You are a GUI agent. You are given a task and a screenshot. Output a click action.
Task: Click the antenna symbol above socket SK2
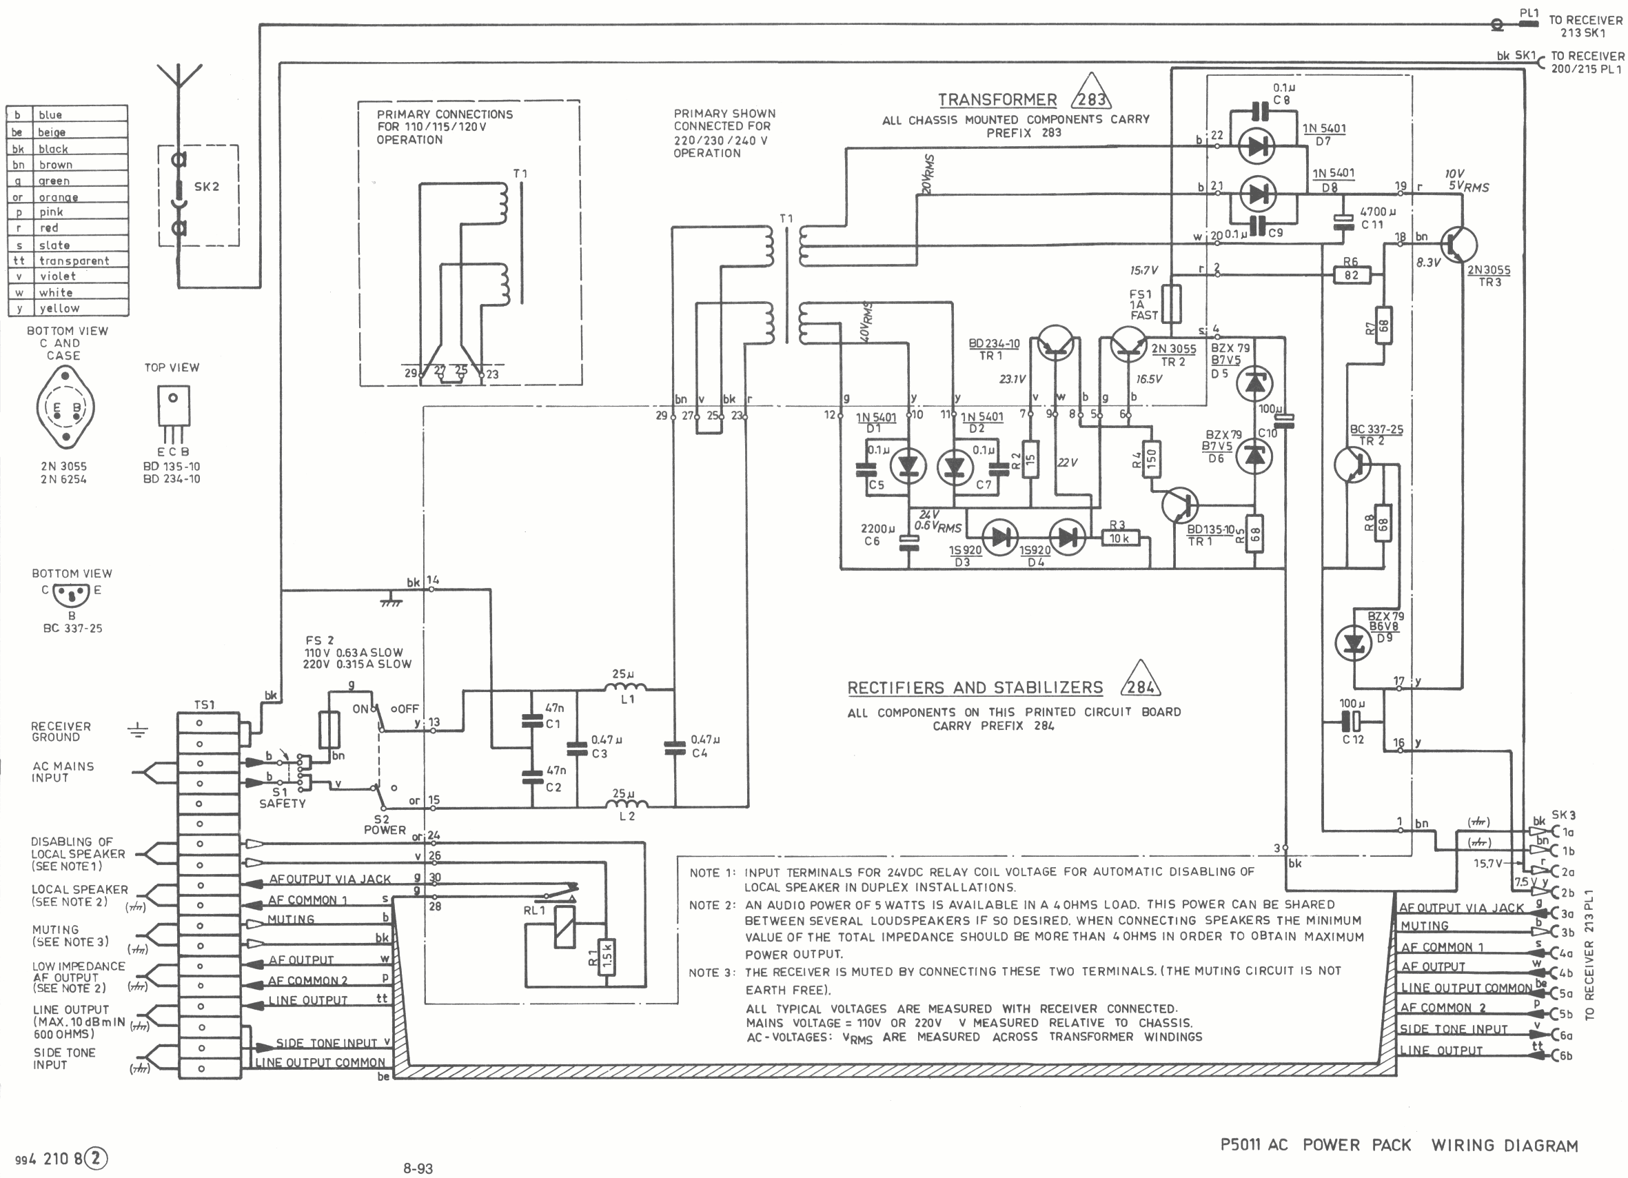click(179, 79)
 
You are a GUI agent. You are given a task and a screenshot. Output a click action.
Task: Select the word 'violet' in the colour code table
click(57, 276)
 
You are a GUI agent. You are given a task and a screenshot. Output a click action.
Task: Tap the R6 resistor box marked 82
click(1351, 275)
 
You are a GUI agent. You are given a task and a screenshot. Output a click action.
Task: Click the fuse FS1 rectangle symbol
click(1172, 304)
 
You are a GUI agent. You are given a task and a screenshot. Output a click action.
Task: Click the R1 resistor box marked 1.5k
click(607, 957)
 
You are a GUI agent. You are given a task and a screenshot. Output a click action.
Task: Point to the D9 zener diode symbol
click(1353, 643)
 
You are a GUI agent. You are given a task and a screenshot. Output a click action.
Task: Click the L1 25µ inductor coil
click(625, 688)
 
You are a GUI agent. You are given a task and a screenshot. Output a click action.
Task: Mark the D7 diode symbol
click(1257, 146)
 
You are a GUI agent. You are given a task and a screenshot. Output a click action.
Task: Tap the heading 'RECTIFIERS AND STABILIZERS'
click(975, 688)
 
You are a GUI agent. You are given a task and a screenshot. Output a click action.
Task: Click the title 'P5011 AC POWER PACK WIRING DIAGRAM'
click(1398, 1145)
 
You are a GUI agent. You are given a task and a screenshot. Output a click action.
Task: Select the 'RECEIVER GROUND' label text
click(61, 731)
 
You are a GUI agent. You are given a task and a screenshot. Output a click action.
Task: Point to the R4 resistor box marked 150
click(1150, 458)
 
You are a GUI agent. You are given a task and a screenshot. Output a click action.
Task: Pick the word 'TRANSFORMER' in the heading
click(997, 100)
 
